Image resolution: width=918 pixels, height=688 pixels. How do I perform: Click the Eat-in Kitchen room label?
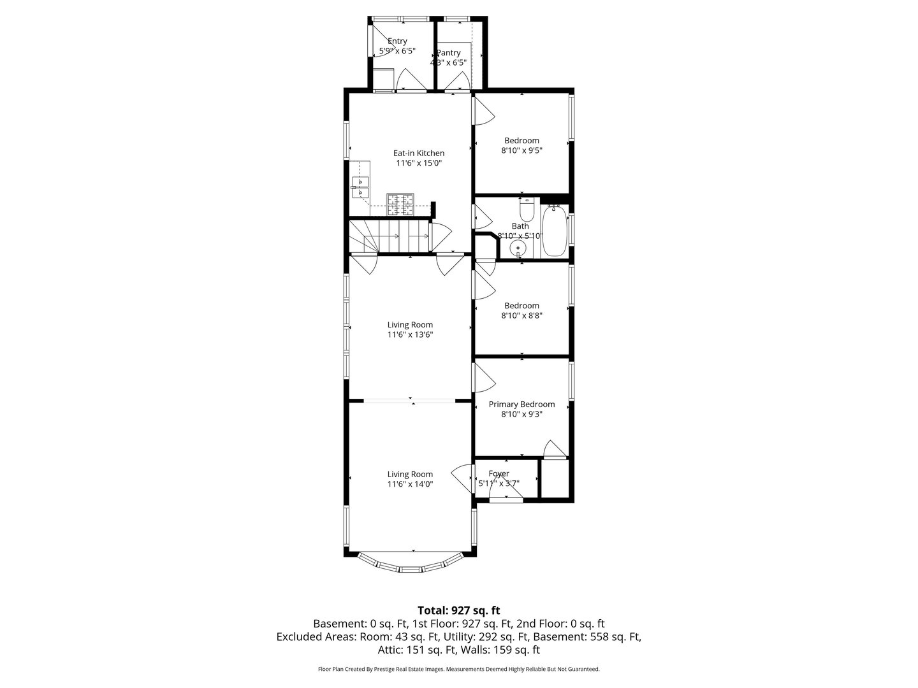click(x=418, y=153)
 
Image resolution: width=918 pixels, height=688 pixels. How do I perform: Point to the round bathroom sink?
click(x=520, y=248)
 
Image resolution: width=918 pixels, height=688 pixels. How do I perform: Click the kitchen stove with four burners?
click(x=400, y=204)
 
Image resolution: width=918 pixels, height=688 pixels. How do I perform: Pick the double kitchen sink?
click(x=360, y=186)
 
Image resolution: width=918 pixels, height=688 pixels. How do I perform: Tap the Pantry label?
click(x=448, y=53)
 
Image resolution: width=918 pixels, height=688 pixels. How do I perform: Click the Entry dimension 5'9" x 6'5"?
click(x=397, y=51)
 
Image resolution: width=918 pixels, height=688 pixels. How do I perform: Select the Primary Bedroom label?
click(x=521, y=404)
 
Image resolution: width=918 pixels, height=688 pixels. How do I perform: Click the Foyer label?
click(x=499, y=473)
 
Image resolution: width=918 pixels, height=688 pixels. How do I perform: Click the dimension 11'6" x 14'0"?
click(x=410, y=484)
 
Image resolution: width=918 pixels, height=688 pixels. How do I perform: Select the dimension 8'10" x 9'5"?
click(x=521, y=151)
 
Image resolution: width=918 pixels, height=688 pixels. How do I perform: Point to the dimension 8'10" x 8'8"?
click(x=521, y=315)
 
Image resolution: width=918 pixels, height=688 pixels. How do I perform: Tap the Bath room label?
click(x=520, y=226)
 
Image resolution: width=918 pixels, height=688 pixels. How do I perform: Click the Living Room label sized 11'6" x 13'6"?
click(x=410, y=325)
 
